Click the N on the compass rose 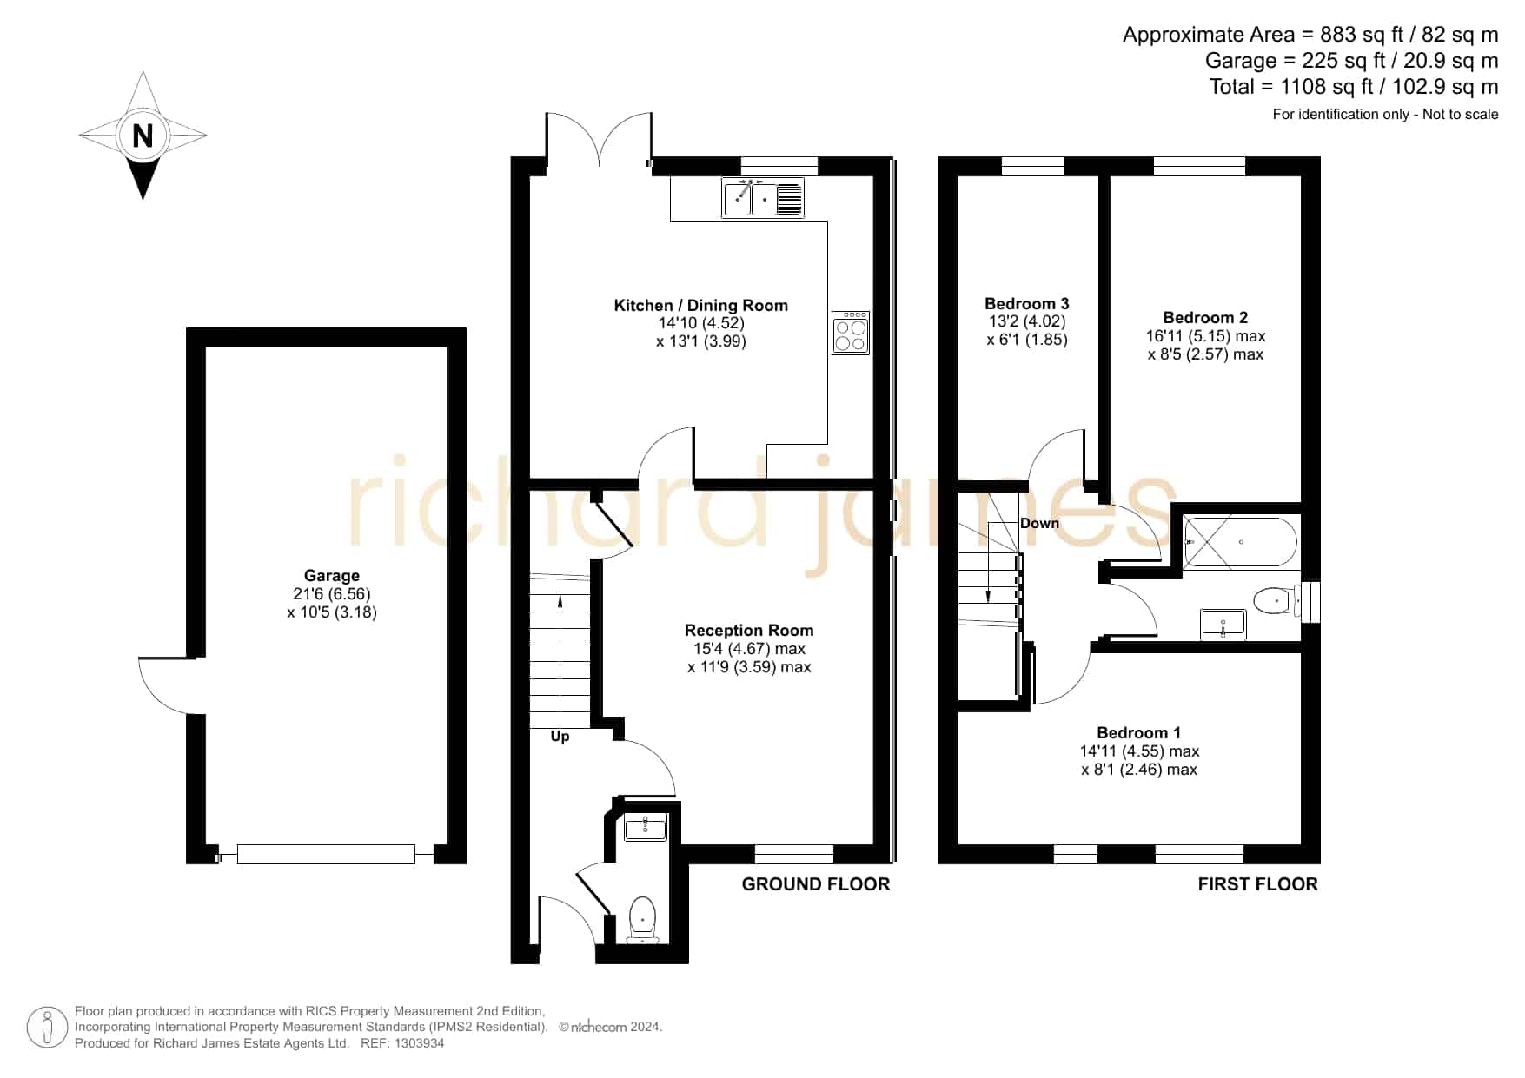click(x=143, y=136)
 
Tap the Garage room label click(x=332, y=575)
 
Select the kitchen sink click(x=763, y=198)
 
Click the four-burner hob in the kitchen click(x=851, y=333)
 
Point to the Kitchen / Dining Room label click(x=701, y=305)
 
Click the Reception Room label click(x=749, y=630)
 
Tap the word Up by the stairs click(x=560, y=737)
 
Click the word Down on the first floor click(x=1039, y=523)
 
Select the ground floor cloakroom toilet click(x=643, y=919)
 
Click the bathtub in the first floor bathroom click(x=1241, y=542)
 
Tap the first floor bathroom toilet click(x=1277, y=599)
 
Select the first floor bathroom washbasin click(x=1223, y=624)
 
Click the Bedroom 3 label click(x=1027, y=303)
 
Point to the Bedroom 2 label click(x=1205, y=318)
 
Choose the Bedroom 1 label click(x=1139, y=732)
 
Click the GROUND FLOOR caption click(x=816, y=884)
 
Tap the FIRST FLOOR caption click(x=1258, y=884)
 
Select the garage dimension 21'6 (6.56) click(x=332, y=594)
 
